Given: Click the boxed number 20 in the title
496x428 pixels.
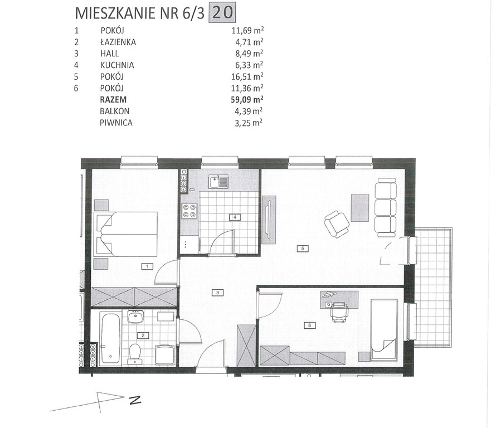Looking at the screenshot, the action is (222, 13).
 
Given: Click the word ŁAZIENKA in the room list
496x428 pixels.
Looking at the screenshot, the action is (118, 42).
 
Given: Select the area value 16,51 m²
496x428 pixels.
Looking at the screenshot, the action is (247, 76).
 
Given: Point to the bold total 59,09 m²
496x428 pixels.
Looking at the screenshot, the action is (247, 100).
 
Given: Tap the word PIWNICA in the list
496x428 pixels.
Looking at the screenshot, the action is (116, 123).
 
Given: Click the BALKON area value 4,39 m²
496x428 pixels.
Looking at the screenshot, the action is (249, 111).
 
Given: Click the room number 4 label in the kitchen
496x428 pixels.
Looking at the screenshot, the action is (235, 217).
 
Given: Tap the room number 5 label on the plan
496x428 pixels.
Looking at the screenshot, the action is (303, 249).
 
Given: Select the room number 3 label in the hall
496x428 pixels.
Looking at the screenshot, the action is (218, 293).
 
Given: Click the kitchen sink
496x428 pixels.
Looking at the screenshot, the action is (218, 182).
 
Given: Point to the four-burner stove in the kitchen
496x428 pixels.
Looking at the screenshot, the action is (190, 211).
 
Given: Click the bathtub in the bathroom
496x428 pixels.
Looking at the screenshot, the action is (110, 338).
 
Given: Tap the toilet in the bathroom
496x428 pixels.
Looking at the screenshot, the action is (135, 353).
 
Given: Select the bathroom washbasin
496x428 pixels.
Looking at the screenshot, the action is (136, 317).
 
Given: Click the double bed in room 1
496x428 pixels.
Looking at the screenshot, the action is (126, 234).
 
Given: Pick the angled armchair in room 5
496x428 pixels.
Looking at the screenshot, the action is (337, 223).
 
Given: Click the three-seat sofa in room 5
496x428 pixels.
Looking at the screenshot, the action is (386, 207).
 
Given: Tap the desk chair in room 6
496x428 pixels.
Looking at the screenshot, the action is (339, 312).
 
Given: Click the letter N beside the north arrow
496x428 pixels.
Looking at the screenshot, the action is (135, 400).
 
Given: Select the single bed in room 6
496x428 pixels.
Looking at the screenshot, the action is (384, 329).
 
